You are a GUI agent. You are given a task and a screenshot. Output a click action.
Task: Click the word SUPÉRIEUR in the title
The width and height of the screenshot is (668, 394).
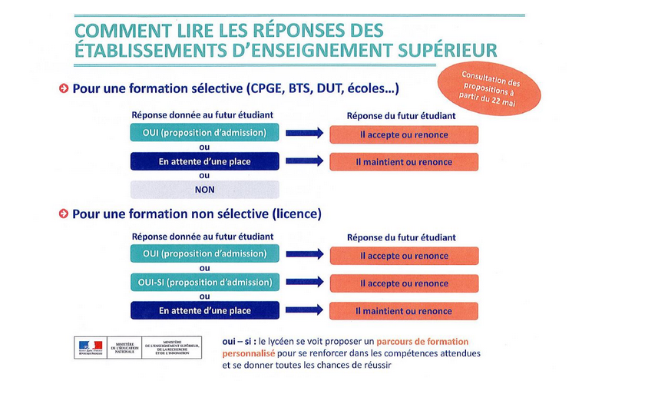[448, 51]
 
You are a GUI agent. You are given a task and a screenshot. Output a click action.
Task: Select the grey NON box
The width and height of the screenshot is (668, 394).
[204, 190]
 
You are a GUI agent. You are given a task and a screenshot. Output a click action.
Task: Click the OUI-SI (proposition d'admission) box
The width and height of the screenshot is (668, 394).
[204, 283]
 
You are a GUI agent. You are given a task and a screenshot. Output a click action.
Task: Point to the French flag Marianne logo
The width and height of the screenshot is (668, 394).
[88, 347]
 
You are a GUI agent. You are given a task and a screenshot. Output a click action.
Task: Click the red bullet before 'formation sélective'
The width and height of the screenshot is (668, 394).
[64, 88]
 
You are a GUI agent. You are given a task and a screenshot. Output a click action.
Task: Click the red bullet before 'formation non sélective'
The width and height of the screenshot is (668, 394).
[64, 214]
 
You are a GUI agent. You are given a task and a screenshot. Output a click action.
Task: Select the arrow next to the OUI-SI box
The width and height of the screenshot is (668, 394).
[304, 283]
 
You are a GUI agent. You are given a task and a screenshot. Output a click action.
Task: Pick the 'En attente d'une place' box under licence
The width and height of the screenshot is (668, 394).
[204, 311]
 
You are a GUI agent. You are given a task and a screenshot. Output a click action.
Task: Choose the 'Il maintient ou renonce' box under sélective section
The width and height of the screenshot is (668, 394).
[404, 162]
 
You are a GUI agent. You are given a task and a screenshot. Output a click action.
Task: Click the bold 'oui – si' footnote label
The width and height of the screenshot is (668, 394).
[236, 341]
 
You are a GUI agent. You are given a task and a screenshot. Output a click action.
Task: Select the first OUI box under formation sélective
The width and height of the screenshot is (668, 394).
[204, 134]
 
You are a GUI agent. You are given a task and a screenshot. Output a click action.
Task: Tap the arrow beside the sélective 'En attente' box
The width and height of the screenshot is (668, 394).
[304, 162]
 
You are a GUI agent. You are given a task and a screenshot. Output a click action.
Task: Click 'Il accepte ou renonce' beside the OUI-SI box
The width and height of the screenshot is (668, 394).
[404, 283]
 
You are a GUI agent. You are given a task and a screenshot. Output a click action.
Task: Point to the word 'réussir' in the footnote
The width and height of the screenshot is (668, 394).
[375, 366]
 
